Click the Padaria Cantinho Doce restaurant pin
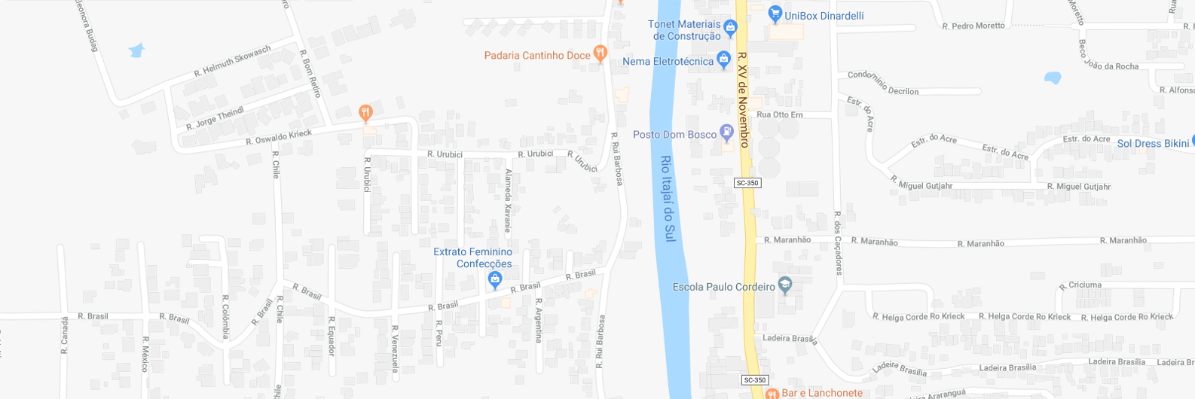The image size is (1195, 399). click(x=600, y=53)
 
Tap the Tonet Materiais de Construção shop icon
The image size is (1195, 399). click(x=729, y=29)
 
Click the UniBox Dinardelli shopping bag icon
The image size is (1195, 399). click(x=775, y=14)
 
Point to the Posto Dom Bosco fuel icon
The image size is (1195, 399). click(x=726, y=133)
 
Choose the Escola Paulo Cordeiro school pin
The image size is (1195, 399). click(x=785, y=285)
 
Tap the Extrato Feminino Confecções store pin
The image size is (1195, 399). click(x=494, y=281)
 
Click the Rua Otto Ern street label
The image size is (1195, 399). click(x=779, y=114)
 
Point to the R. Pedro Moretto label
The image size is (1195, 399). click(x=973, y=26)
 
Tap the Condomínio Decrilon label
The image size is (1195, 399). click(x=883, y=84)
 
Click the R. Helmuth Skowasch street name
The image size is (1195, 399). click(x=232, y=61)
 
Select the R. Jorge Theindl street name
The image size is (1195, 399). click(x=215, y=118)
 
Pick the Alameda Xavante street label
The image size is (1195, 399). click(x=508, y=200)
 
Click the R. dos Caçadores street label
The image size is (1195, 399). click(x=837, y=243)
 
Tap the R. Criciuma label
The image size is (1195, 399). click(x=1080, y=285)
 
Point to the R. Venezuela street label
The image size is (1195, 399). click(x=394, y=348)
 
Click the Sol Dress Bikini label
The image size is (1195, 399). click(x=1153, y=143)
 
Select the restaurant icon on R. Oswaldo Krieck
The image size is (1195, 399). click(x=365, y=113)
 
